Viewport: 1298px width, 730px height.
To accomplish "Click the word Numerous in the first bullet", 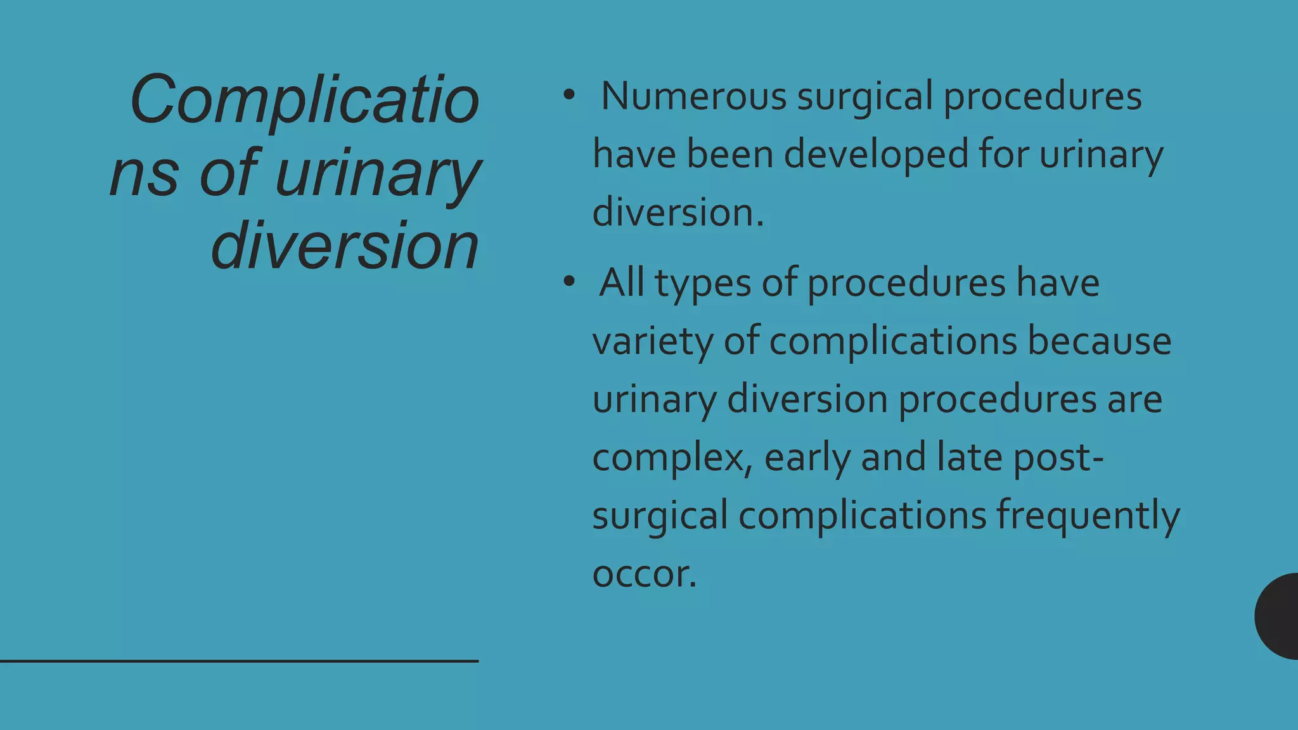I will [x=693, y=96].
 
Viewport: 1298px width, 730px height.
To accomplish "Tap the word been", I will [x=729, y=155].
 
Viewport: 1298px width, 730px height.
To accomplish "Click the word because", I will [x=1099, y=341].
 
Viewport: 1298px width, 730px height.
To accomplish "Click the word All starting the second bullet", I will [x=622, y=283].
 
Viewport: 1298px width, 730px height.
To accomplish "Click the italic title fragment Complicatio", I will [x=304, y=100].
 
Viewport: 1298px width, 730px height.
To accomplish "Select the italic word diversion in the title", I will [x=344, y=246].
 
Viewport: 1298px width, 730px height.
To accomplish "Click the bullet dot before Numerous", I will [x=569, y=96].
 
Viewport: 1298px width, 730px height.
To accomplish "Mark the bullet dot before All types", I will [x=569, y=282].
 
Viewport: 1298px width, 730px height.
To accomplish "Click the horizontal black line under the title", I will [x=239, y=661].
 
